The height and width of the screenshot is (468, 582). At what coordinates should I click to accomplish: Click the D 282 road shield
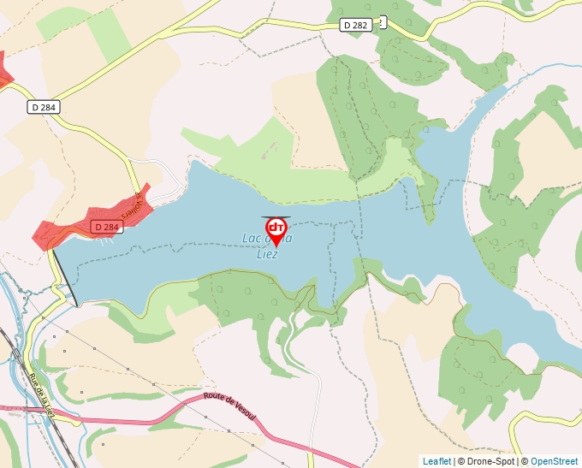(356, 25)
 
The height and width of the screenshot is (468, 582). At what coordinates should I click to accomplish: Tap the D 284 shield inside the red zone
(106, 227)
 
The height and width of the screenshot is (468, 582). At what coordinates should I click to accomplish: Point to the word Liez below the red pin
(268, 254)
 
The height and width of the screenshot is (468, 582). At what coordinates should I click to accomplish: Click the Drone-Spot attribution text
(489, 461)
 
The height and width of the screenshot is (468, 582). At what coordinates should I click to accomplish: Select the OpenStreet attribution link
(555, 461)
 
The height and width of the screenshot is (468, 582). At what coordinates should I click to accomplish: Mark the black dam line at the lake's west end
(66, 277)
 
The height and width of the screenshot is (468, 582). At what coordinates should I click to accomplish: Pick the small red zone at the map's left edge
(4, 72)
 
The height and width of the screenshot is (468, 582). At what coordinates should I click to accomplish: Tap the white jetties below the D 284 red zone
(101, 240)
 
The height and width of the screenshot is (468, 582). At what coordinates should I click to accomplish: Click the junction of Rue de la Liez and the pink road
(56, 414)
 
